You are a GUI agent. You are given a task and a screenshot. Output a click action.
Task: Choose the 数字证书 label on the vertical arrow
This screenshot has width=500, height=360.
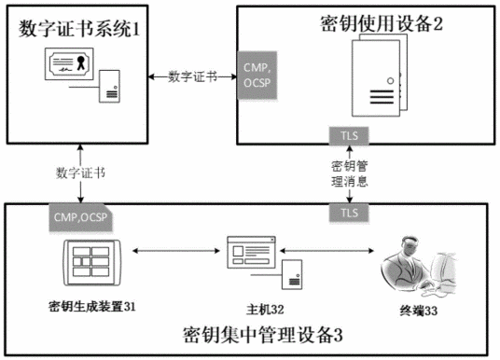pos(80,173)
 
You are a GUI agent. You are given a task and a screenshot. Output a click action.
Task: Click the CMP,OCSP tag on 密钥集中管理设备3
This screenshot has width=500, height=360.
pos(80,216)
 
